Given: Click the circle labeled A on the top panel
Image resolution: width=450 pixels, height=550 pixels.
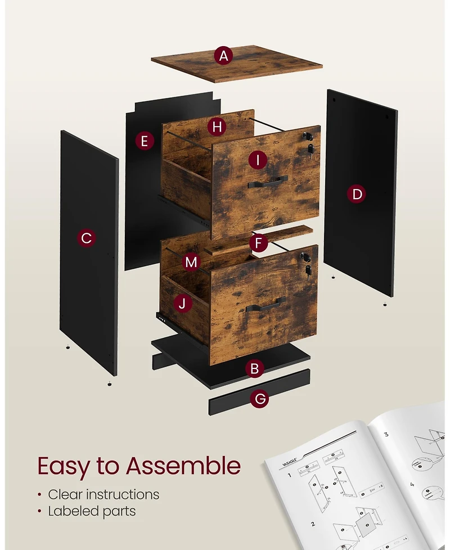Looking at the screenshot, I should (224, 56).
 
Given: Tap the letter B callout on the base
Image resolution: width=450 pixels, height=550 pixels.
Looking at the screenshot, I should (255, 369).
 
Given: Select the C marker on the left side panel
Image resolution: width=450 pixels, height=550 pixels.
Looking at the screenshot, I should (86, 238).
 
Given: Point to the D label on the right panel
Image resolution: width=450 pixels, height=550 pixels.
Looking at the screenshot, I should (357, 195).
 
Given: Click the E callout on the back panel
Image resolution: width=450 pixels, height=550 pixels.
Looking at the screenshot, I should (145, 141).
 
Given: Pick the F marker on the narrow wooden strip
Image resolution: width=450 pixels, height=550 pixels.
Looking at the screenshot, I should (258, 244).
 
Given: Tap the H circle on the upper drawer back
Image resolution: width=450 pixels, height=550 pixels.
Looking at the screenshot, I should (217, 127).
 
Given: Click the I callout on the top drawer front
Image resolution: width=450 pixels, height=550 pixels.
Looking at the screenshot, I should (258, 160).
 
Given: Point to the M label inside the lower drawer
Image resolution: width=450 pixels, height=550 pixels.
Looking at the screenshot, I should (192, 262).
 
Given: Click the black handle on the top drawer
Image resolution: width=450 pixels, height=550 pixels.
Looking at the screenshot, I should (267, 181).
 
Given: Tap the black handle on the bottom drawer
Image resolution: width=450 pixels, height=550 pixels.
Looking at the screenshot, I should (265, 305).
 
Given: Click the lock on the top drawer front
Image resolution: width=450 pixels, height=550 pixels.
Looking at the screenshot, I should (307, 136).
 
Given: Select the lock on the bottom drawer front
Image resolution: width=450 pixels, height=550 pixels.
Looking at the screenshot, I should (305, 257).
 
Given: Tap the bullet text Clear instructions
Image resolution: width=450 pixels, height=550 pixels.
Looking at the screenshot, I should (103, 494).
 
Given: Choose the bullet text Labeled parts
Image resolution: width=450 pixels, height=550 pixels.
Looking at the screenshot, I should (92, 511).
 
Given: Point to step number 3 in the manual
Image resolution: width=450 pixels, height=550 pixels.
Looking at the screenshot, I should (386, 434).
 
